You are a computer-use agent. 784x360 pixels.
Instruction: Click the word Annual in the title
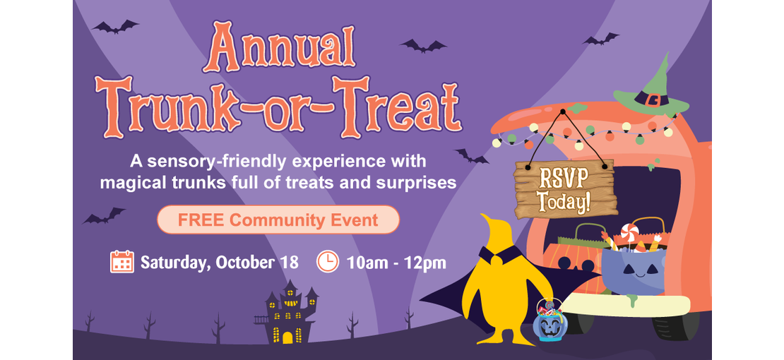279,47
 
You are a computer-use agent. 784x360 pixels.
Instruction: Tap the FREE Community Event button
278,220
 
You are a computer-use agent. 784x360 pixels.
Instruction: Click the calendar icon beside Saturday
122,261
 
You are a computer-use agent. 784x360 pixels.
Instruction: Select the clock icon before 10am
328,261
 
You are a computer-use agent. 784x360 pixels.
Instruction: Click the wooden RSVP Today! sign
565,189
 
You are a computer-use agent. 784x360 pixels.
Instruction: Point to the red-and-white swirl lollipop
629,232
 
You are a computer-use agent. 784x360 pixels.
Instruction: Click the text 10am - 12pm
396,262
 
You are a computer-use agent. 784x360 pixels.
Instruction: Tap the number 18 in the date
290,262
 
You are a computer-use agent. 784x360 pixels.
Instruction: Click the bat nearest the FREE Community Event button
104,216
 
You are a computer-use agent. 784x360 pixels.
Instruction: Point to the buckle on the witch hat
653,99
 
